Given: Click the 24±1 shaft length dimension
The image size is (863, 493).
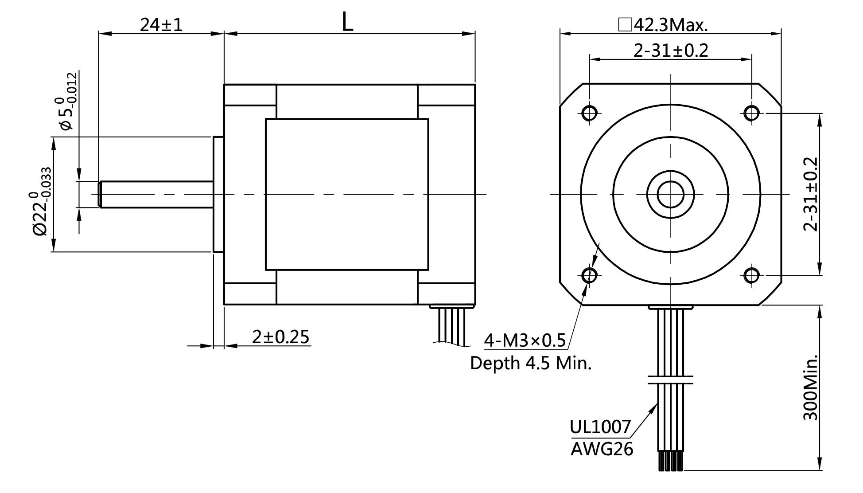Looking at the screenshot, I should (x=161, y=25).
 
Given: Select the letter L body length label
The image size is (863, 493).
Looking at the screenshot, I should (x=348, y=22).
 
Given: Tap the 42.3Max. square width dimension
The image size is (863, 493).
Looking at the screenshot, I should (x=663, y=25).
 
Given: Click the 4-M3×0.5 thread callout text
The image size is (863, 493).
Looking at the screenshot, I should (x=525, y=340).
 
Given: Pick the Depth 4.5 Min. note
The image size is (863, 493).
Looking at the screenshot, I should (x=531, y=363).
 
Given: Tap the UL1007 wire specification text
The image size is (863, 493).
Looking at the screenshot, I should (x=600, y=427).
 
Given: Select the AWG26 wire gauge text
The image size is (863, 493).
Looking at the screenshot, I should (x=602, y=449).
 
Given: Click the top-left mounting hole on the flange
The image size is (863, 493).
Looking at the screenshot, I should (x=590, y=113).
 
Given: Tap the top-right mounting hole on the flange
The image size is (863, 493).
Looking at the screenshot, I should (x=751, y=113).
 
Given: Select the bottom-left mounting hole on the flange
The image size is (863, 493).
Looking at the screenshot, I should (x=590, y=275).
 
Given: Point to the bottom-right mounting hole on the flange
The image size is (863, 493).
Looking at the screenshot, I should (x=751, y=275).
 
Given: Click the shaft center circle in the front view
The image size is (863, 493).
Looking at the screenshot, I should (x=670, y=194).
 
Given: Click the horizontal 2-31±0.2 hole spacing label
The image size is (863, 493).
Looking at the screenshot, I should (x=671, y=51).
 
